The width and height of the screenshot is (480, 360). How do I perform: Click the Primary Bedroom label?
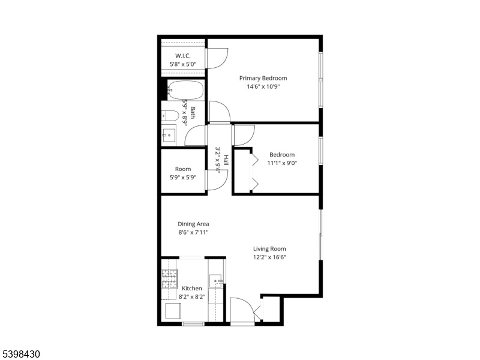coord(263,78)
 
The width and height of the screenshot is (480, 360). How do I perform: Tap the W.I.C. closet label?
coord(183,56)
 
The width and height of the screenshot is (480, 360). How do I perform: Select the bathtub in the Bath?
coord(186,90)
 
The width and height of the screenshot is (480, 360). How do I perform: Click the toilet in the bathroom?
coord(170,116)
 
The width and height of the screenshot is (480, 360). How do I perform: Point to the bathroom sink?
coord(169,135)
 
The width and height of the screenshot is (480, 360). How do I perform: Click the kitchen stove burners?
coord(169,278)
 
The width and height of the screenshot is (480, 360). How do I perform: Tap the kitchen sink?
coord(215,281)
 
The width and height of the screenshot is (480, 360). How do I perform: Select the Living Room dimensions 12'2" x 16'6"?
coord(269,257)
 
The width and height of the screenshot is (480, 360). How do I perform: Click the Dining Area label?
coord(193,224)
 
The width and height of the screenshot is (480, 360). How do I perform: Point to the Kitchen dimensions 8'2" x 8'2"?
coord(192,296)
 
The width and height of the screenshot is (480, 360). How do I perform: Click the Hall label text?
coord(226,160)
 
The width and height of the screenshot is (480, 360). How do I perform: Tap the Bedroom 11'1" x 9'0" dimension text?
coord(282,163)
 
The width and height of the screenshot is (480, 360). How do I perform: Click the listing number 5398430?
coord(20,354)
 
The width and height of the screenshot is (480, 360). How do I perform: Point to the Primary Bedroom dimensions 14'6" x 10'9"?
coord(263,86)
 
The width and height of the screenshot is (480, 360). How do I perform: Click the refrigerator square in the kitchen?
coord(173,311)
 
